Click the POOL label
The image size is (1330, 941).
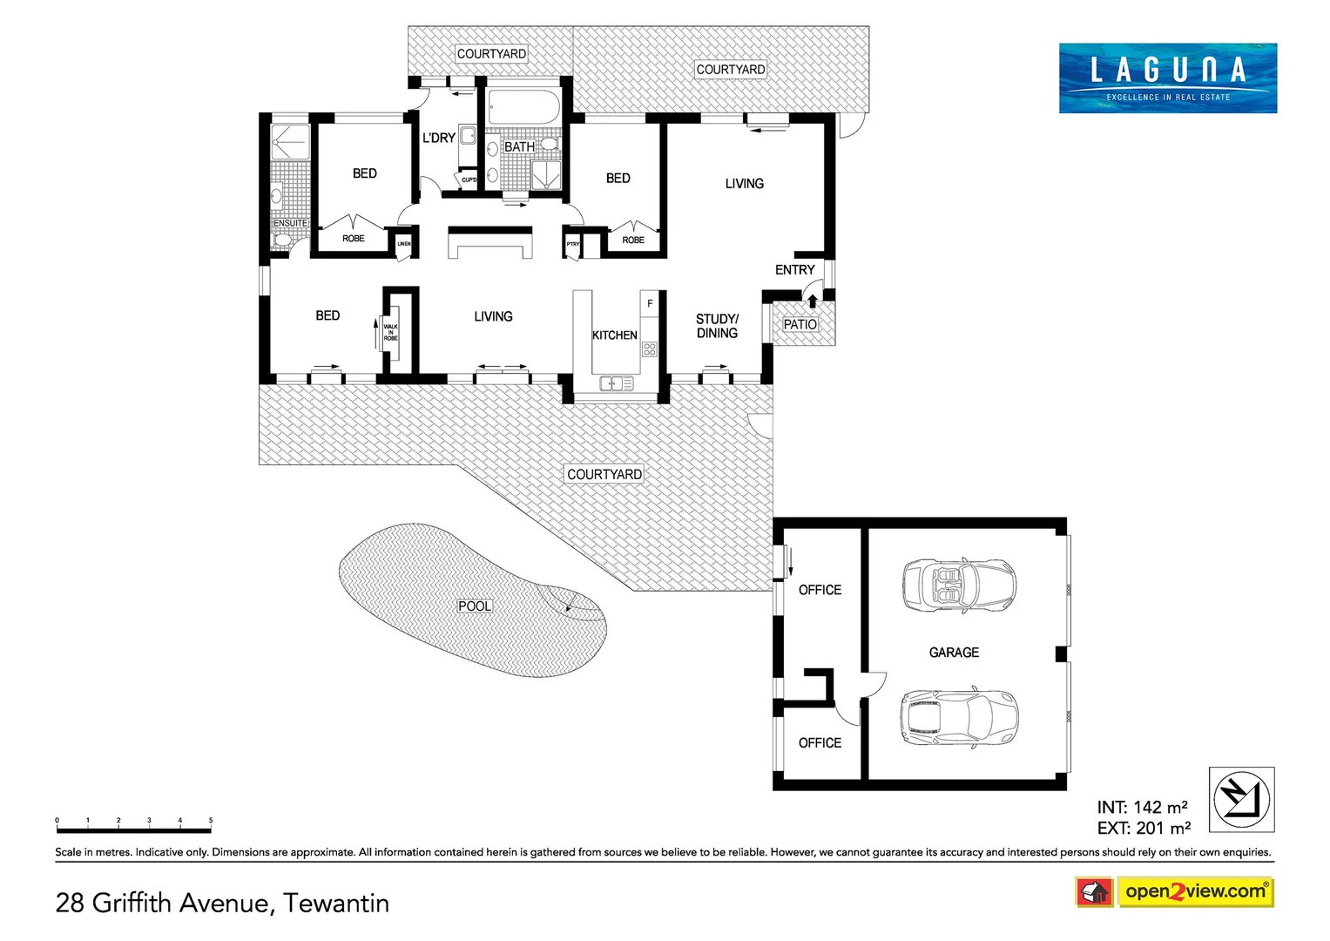[x=475, y=606]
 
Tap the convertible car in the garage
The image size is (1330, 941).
[x=959, y=585]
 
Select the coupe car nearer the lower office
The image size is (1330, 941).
[x=958, y=717]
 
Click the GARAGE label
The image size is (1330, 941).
[x=954, y=653]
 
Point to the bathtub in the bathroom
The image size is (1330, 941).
[x=523, y=108]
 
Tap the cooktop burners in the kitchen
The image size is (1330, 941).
[x=650, y=349]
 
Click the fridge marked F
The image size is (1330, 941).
[x=650, y=303]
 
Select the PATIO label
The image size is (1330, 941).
[x=800, y=324]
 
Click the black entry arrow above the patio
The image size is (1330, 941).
[x=813, y=301]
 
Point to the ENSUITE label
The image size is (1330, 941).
[x=290, y=223]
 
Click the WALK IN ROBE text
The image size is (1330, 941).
[x=391, y=332]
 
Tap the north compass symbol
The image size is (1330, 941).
[x=1241, y=799]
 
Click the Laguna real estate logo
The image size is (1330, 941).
[x=1167, y=78]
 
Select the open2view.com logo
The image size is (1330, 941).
[x=1195, y=891]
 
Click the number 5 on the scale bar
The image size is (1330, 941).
[x=211, y=821]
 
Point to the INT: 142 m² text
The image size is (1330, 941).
[x=1142, y=808]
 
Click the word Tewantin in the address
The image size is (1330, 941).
[x=336, y=903]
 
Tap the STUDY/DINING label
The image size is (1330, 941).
[x=717, y=326]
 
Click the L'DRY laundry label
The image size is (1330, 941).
[x=439, y=138]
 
